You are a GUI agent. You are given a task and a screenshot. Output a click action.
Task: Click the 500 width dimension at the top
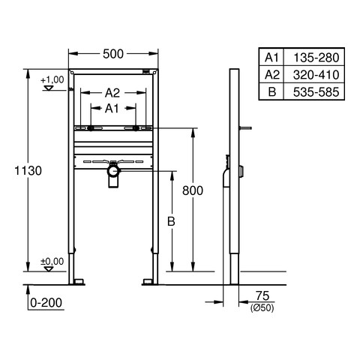pos(113,54)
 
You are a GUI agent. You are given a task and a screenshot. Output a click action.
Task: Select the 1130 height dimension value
pos(28,171)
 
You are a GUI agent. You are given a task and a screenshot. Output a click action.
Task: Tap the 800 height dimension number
pos(193,190)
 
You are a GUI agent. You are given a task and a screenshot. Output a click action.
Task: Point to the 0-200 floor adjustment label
pos(46,303)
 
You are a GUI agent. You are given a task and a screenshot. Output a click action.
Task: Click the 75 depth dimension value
pos(262,296)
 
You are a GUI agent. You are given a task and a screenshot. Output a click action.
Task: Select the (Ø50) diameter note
pos(262,307)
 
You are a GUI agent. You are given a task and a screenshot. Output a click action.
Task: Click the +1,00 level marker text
pos(52,80)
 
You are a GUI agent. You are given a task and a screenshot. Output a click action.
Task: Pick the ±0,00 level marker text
pos(52,262)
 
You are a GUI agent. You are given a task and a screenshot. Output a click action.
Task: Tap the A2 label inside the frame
pos(112,93)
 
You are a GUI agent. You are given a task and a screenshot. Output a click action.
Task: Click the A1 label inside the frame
pos(112,109)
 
